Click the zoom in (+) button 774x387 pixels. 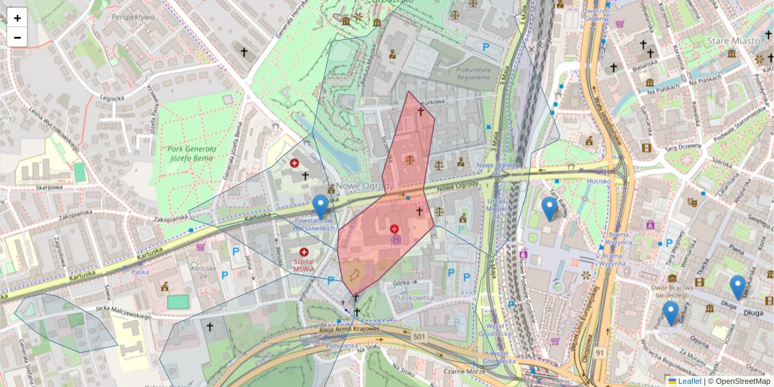point(17,18)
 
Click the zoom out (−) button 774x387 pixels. point(17,37)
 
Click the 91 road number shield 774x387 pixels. point(600,353)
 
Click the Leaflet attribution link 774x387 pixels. point(688,381)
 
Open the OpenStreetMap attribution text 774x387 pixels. point(741,381)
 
